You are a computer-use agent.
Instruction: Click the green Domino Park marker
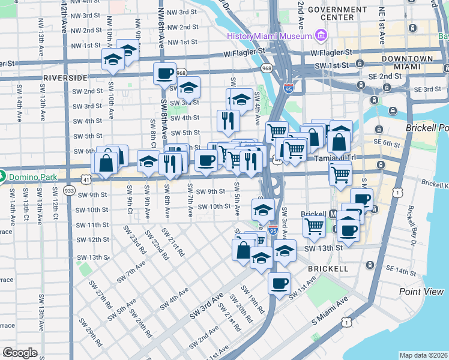click(x=2, y=177)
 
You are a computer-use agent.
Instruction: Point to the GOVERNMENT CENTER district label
click(x=329, y=13)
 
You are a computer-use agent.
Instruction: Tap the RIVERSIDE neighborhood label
click(x=65, y=78)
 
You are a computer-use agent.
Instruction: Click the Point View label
click(x=421, y=292)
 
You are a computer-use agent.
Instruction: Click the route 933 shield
click(x=70, y=190)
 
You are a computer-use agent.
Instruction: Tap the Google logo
click(x=20, y=352)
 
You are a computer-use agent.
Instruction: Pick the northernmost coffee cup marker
click(x=164, y=74)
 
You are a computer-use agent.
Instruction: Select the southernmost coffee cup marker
click(x=279, y=283)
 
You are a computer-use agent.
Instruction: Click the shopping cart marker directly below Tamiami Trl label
click(x=340, y=174)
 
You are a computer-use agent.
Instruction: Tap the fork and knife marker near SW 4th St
click(x=228, y=121)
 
